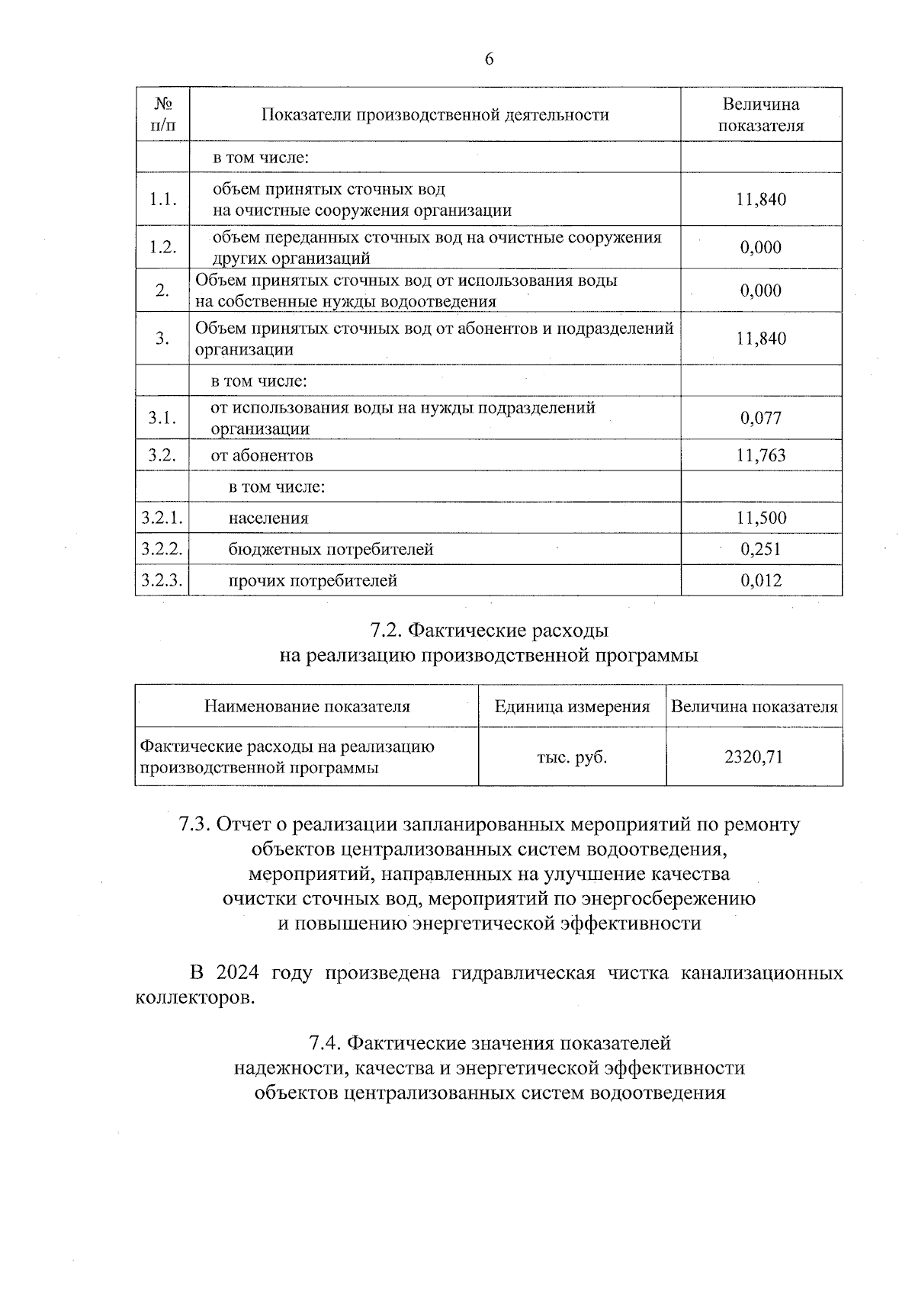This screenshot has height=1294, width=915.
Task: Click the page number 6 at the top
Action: (489, 59)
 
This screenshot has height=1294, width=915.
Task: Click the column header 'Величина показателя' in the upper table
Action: (760, 115)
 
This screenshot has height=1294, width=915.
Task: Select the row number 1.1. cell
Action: (162, 200)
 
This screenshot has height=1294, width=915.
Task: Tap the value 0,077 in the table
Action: (761, 418)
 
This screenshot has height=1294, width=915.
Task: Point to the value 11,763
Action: (761, 456)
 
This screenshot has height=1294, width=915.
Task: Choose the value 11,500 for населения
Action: (761, 519)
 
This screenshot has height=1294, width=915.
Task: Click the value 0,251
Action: (761, 550)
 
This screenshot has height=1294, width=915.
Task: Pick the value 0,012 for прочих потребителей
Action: (761, 581)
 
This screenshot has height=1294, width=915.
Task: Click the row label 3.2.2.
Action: (162, 549)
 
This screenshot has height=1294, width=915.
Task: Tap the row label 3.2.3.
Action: (162, 580)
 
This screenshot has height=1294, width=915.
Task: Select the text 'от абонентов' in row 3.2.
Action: (262, 456)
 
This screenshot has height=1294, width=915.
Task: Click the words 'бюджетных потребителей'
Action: (331, 550)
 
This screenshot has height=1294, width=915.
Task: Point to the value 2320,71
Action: (753, 757)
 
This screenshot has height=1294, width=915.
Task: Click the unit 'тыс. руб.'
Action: (572, 757)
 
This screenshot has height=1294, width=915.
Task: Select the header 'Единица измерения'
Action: (572, 707)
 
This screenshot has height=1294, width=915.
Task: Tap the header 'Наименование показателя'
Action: (307, 707)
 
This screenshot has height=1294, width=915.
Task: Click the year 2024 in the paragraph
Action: (237, 974)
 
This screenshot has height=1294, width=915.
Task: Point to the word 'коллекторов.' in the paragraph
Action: (194, 998)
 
